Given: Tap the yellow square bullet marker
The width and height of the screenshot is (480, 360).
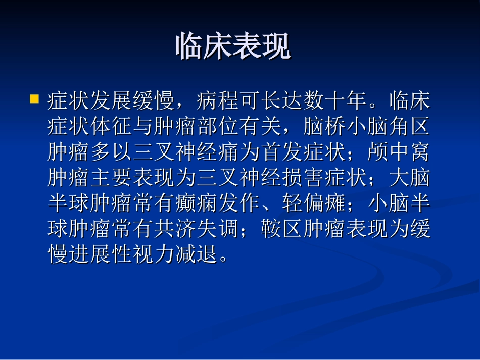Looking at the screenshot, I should point(34,98).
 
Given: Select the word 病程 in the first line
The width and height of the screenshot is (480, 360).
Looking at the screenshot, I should point(217,101).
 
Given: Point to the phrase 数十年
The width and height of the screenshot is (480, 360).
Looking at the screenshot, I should point(334,101).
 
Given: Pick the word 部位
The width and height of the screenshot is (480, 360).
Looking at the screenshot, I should point(217,127).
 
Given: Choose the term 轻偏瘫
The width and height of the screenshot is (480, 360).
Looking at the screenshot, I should point(313,204).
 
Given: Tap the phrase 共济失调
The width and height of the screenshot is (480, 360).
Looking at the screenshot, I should point(196,230).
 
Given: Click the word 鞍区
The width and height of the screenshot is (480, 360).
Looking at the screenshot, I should point(281,230).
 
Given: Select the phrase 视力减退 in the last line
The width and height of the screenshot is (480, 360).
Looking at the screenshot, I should point(175,255).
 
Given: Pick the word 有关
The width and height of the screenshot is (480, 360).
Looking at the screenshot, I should point(260,127).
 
